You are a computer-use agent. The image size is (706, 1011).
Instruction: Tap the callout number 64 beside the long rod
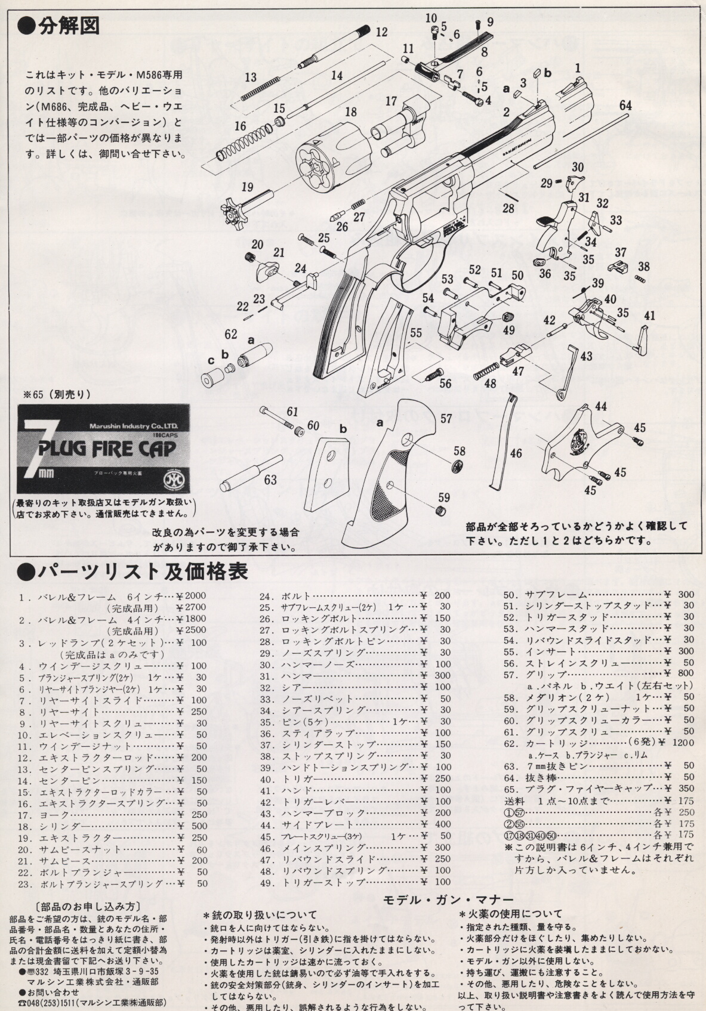pos(625,105)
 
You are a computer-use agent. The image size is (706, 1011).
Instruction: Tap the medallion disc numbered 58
pos(457,465)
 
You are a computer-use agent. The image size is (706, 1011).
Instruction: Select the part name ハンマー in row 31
pos(303,676)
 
